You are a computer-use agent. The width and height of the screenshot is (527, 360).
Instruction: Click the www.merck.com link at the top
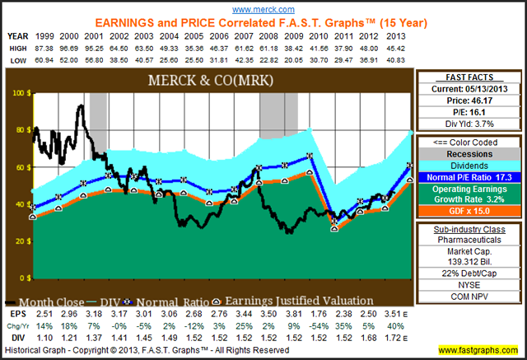(263, 7)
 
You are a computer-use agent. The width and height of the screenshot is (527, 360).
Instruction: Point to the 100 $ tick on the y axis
(16, 93)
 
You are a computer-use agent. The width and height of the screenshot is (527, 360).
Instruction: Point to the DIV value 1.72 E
(402, 336)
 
